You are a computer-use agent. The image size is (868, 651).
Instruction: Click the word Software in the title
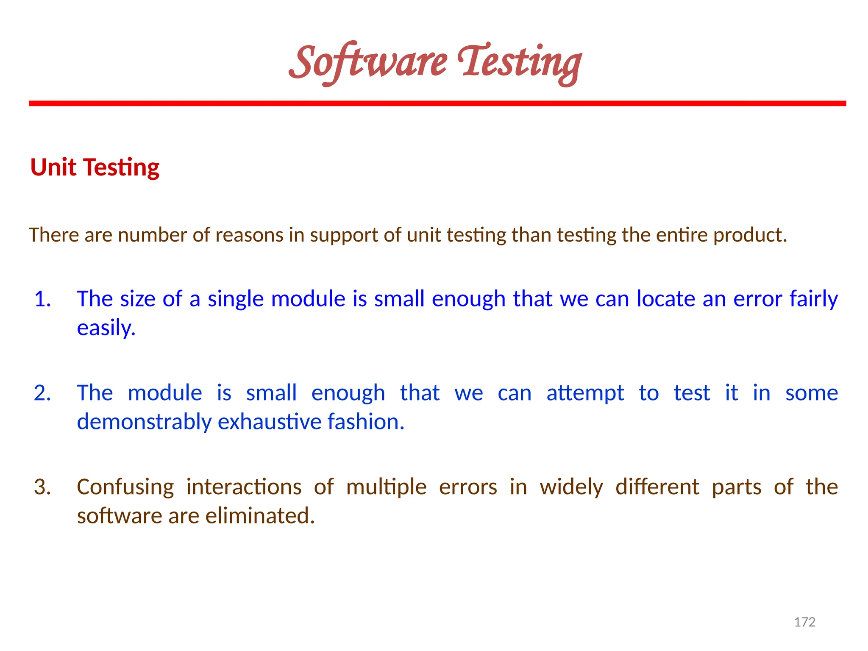pos(368,63)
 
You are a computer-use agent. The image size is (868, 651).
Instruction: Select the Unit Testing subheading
pos(95,167)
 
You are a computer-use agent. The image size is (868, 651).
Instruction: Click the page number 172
pos(804,622)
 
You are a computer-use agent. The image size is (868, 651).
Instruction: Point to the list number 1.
pos(42,299)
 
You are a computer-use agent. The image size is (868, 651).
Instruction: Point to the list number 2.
pos(42,393)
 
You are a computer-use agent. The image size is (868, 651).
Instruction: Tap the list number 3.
pos(42,487)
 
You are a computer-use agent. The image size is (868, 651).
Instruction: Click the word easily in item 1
pos(106,328)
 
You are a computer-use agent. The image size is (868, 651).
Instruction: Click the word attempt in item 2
pos(585,393)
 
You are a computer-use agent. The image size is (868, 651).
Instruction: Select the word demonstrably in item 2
pos(144,422)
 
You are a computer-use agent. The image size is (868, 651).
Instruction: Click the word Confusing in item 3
pos(125,487)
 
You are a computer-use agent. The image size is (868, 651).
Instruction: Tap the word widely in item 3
pos(571,487)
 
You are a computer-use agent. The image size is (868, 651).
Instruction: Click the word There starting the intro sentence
pos(54,235)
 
